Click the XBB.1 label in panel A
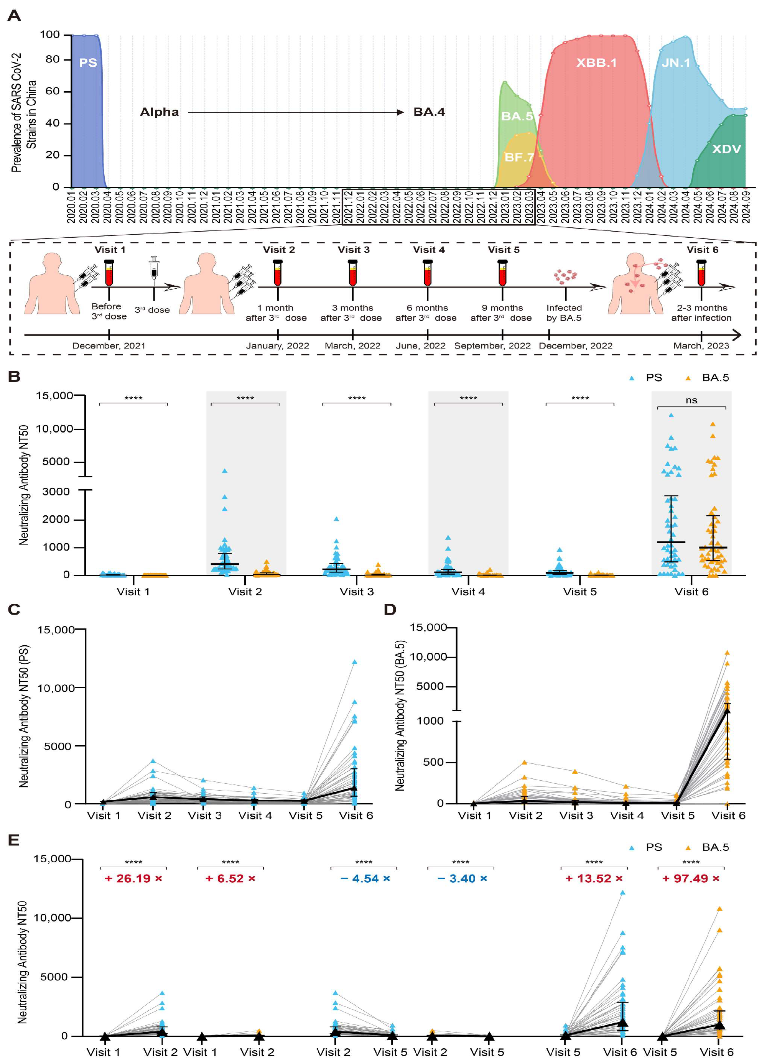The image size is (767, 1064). tap(596, 63)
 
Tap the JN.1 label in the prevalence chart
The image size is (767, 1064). tap(675, 63)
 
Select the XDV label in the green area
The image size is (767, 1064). tap(726, 149)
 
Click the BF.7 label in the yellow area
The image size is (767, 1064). tap(519, 157)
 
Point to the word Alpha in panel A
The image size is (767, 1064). tap(160, 112)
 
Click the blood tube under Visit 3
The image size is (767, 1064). tap(353, 273)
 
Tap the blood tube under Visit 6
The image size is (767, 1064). tap(701, 273)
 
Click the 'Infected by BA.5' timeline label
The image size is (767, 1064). tap(564, 313)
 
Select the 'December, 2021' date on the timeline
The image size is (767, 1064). tap(109, 346)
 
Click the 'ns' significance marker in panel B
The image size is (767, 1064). tap(691, 400)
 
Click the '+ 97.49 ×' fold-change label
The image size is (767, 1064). tap(691, 878)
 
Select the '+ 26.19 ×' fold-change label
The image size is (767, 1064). tap(133, 878)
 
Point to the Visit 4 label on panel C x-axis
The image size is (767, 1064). tap(255, 816)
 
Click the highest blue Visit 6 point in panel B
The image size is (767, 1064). tap(671, 415)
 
